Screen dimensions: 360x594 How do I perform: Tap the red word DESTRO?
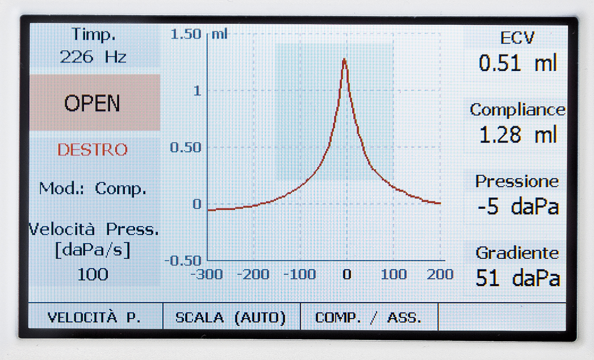93,150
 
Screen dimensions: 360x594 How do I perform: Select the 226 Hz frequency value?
93,57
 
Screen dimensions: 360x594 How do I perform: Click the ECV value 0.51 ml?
517,64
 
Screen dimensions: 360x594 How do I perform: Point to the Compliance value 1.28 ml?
517,136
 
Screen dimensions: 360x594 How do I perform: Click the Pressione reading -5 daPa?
517,207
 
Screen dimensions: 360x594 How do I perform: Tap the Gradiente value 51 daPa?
517,279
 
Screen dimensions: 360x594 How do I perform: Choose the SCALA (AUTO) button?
231,318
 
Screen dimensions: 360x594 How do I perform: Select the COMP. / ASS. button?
369,318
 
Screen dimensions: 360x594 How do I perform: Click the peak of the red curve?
344,60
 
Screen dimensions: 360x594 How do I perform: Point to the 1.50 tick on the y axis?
185,34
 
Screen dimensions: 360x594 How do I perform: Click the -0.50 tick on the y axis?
183,260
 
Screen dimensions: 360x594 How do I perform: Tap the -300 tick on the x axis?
209,274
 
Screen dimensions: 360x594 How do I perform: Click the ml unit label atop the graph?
220,34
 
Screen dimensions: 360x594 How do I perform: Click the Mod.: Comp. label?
93,188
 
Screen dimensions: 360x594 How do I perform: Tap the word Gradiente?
517,253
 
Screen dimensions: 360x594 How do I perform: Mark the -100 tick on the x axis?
300,274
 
